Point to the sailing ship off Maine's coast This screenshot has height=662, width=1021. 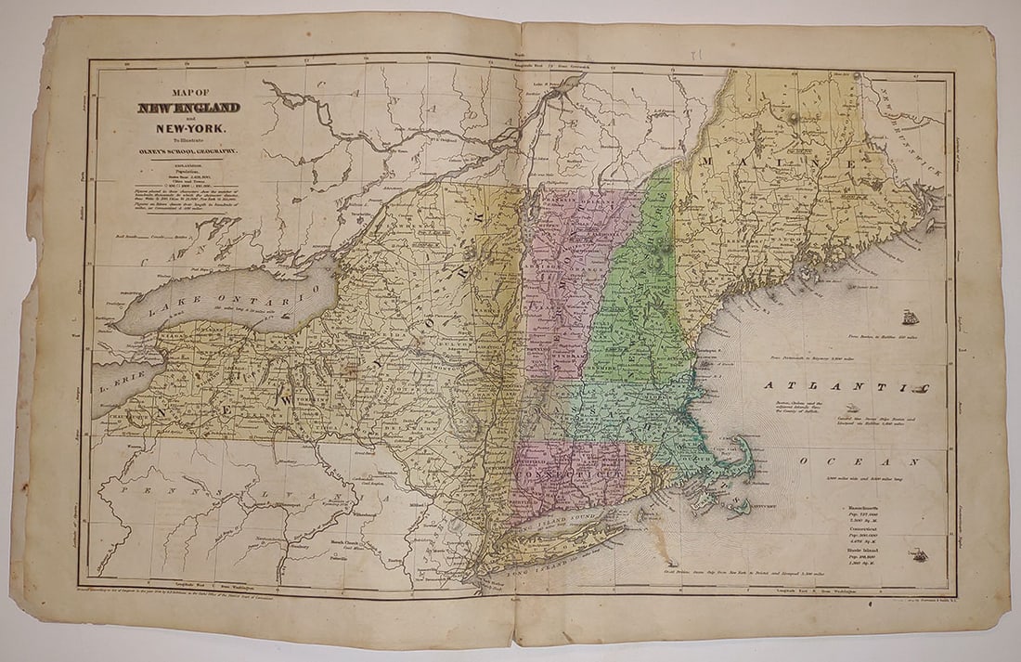(911, 318)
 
